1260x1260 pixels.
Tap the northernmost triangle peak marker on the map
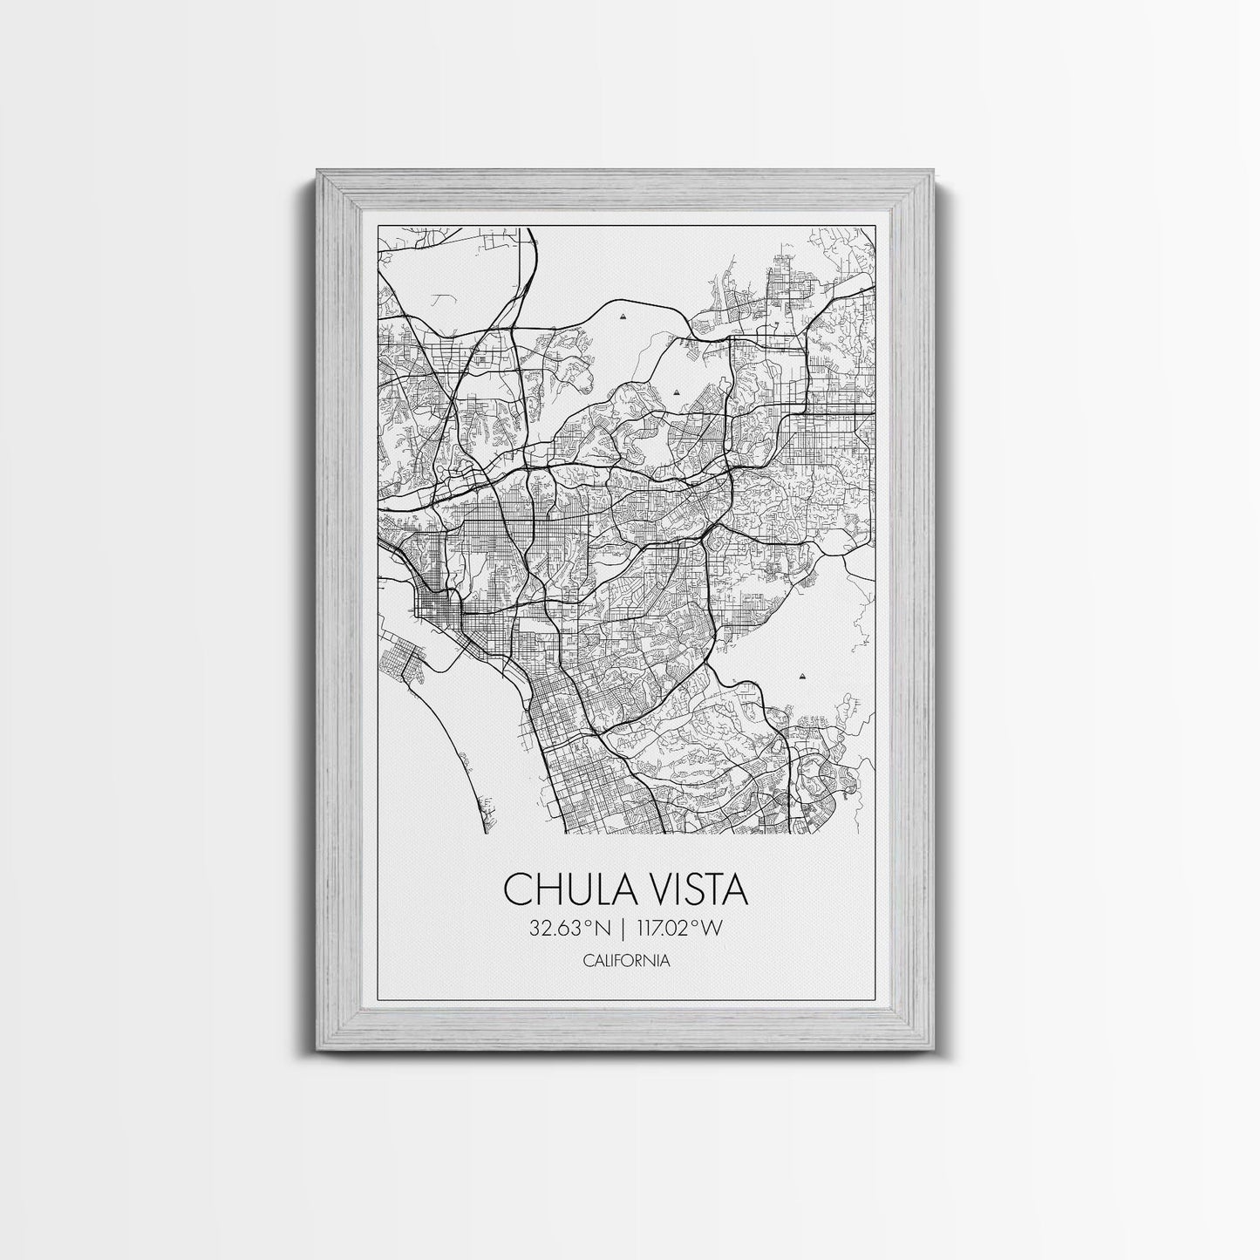coord(622,318)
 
